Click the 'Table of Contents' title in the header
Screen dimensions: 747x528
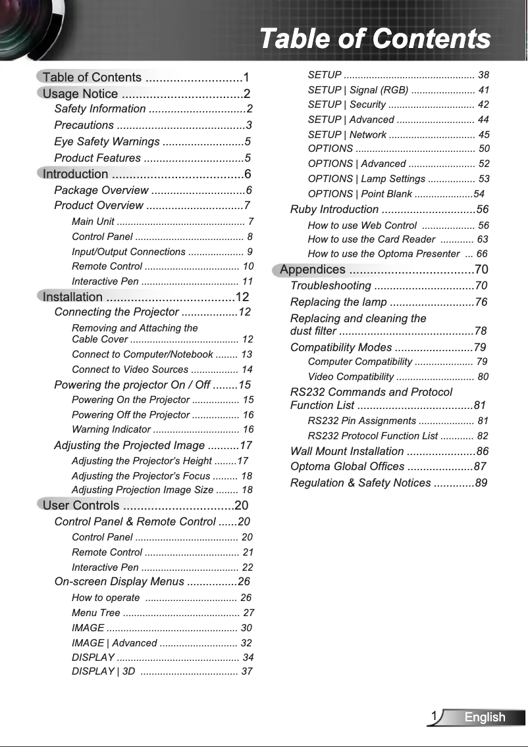pyautogui.click(x=375, y=39)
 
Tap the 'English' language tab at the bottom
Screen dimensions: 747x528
pyautogui.click(x=485, y=717)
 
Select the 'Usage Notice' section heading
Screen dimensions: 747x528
pyautogui.click(x=80, y=93)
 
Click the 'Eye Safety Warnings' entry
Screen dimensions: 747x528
pyautogui.click(x=107, y=141)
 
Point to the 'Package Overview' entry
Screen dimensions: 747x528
pyautogui.click(x=101, y=190)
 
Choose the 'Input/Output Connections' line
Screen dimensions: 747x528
pyautogui.click(x=128, y=252)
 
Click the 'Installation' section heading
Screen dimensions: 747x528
pyautogui.click(x=72, y=297)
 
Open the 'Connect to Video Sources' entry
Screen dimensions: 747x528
pyautogui.click(x=130, y=370)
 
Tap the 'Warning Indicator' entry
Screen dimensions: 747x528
pyautogui.click(x=111, y=429)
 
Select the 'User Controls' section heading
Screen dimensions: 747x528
pyautogui.click(x=81, y=505)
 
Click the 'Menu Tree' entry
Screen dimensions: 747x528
pyautogui.click(x=95, y=613)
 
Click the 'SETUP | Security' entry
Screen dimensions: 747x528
pyautogui.click(x=346, y=105)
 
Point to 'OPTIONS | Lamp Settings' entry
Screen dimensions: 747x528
pyautogui.click(x=366, y=179)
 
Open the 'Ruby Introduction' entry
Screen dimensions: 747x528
pyautogui.click(x=334, y=209)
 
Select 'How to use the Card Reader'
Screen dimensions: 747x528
pyautogui.click(x=371, y=239)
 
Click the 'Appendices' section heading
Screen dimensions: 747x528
pyautogui.click(x=313, y=270)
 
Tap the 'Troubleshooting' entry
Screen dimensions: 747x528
pyautogui.click(x=330, y=285)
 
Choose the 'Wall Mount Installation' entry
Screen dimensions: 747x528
pyautogui.click(x=347, y=451)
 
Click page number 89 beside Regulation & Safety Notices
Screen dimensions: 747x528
pyautogui.click(x=481, y=483)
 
